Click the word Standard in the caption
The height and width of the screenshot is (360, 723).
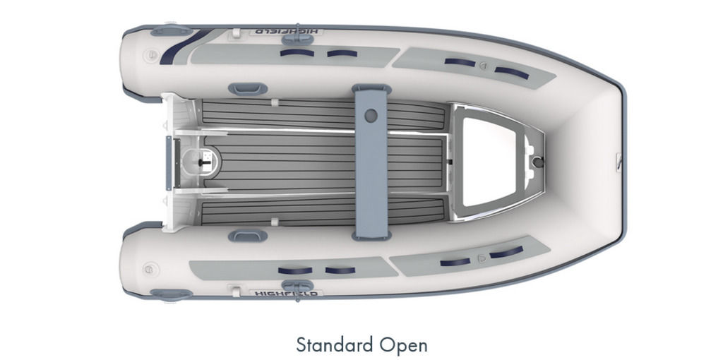[x=335, y=344]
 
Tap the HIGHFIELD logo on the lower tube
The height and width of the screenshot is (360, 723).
[x=286, y=293]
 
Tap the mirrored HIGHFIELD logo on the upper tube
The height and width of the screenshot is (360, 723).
[x=286, y=32]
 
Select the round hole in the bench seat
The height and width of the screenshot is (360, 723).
[x=371, y=115]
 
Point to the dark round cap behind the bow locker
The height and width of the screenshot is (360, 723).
[x=538, y=162]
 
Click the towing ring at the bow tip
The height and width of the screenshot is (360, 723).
[x=620, y=162]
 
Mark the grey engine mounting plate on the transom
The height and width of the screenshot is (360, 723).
[x=169, y=163]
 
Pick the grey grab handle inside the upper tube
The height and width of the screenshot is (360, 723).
[x=248, y=89]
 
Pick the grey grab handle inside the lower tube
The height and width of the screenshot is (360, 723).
[x=248, y=236]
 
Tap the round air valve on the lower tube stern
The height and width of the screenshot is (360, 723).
[x=151, y=269]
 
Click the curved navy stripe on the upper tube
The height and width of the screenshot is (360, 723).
[x=183, y=47]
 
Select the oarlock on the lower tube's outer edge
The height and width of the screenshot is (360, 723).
[x=297, y=286]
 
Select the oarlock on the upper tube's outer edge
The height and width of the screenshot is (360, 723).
[x=297, y=40]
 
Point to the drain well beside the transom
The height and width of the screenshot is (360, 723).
[x=201, y=162]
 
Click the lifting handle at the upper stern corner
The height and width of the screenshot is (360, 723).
[x=171, y=30]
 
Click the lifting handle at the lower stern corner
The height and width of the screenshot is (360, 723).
[x=171, y=294]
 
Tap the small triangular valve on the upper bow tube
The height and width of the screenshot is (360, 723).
[x=483, y=66]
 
